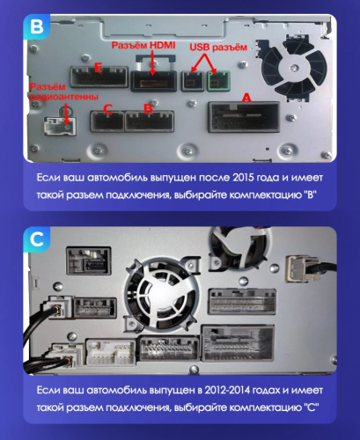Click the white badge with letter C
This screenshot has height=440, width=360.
click(36, 238)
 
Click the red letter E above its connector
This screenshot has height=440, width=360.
click(99, 67)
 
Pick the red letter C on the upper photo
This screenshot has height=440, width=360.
click(107, 109)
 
